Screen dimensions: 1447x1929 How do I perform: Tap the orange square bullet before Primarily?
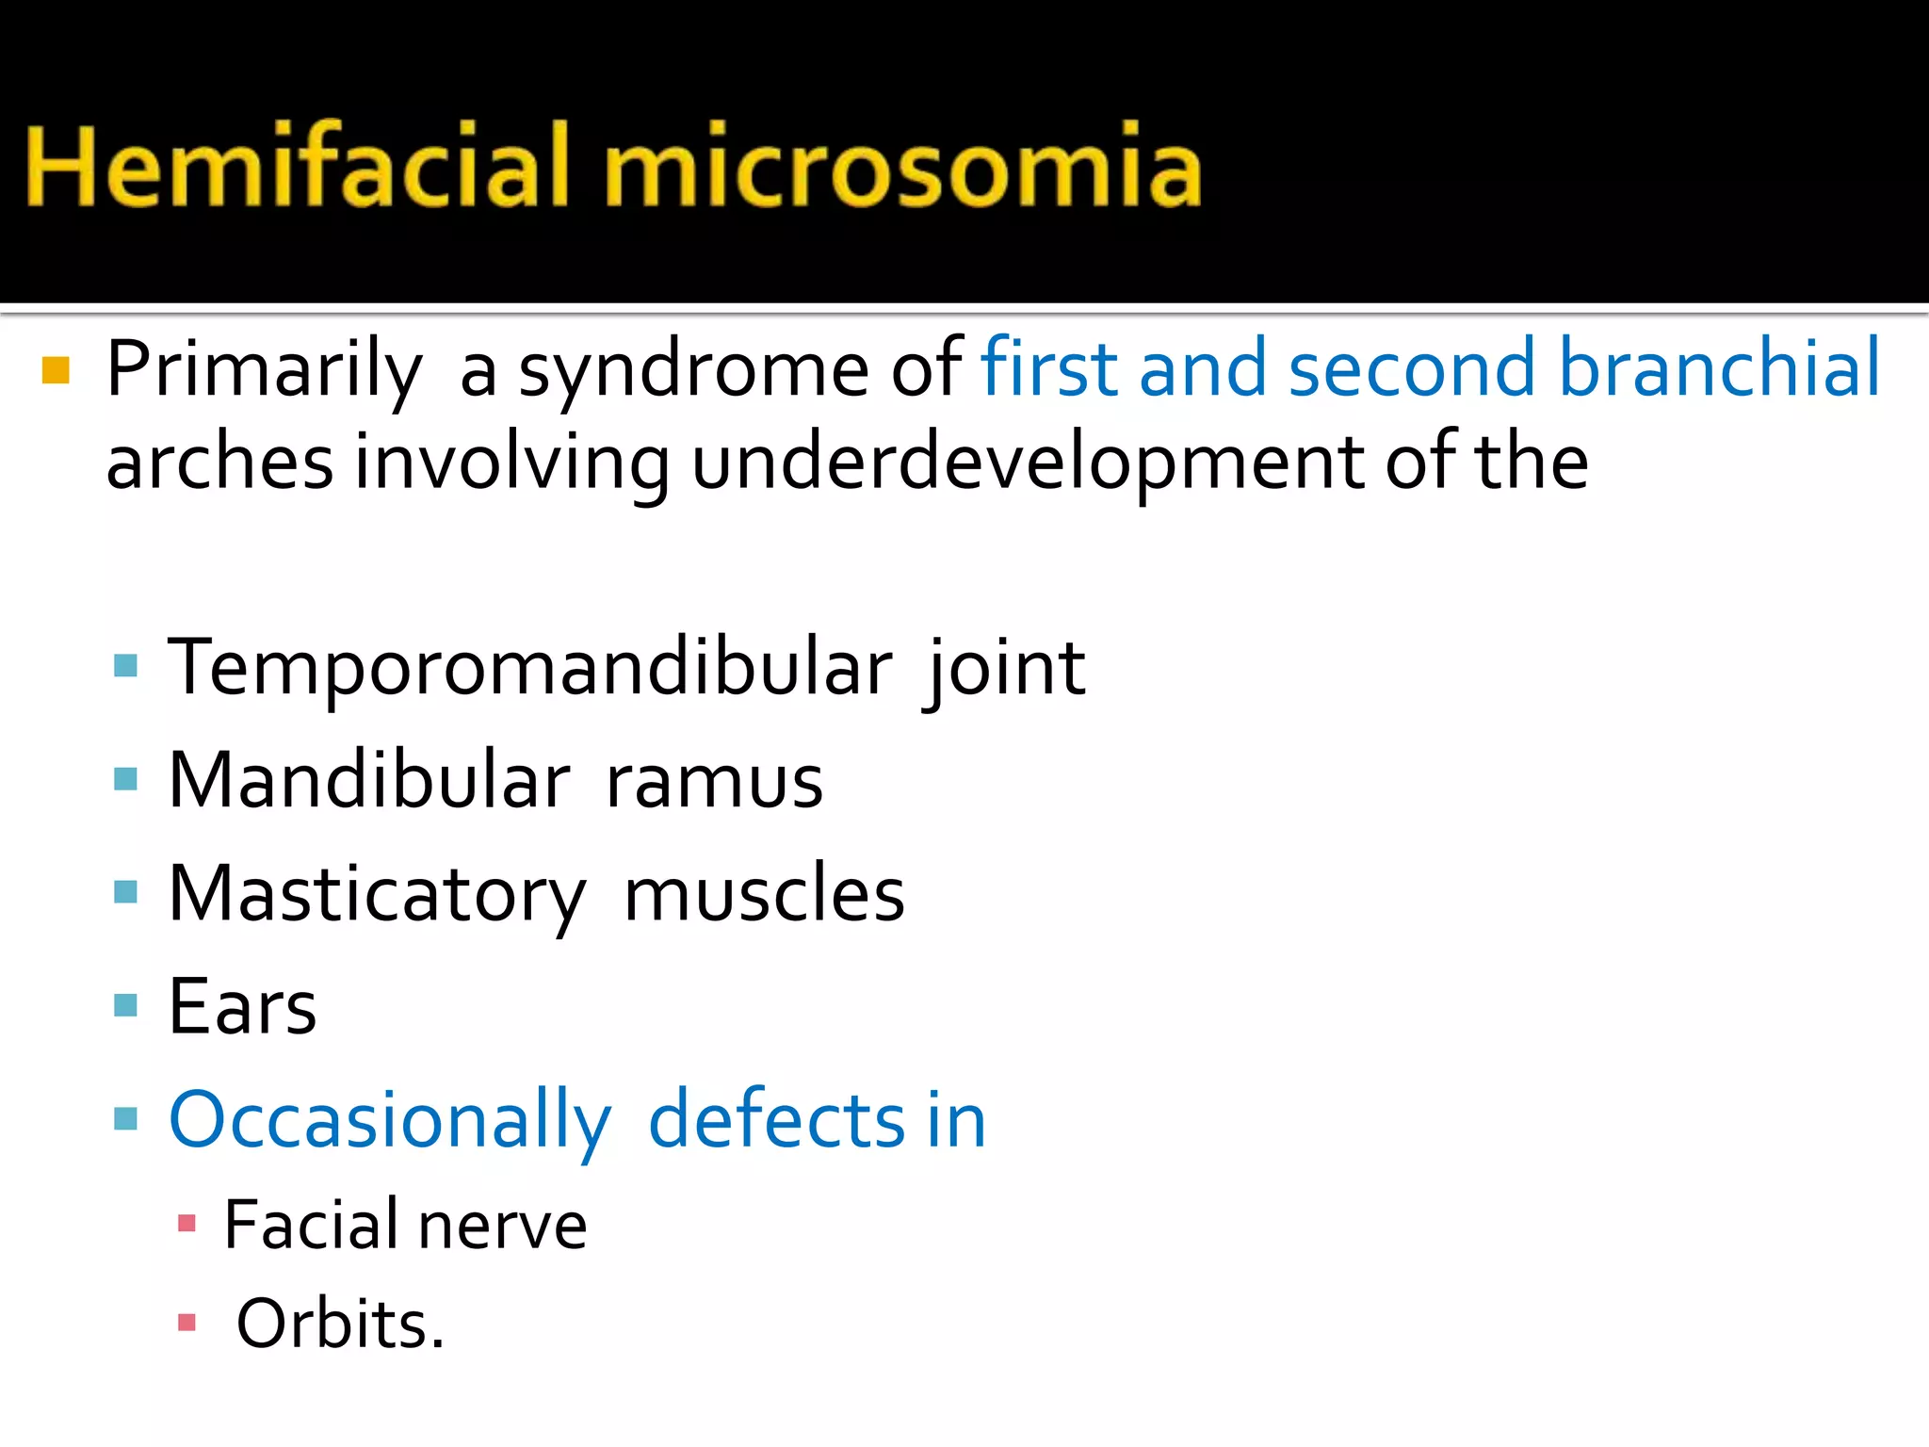pos(57,370)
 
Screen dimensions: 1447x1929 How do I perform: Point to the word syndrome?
pos(692,370)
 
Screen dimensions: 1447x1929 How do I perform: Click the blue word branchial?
pos(1718,367)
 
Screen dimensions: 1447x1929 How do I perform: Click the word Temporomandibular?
pos(530,667)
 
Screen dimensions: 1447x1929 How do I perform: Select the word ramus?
pos(714,781)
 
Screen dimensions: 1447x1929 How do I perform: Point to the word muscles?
pos(764,894)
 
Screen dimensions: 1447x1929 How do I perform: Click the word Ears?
pos(242,1007)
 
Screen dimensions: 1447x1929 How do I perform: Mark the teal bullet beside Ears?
pos(125,1006)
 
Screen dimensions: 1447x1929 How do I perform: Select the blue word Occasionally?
pos(390,1121)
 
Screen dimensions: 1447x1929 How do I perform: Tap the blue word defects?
pos(777,1120)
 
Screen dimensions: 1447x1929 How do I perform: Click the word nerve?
pos(502,1226)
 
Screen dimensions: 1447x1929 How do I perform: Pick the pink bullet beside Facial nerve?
pos(186,1224)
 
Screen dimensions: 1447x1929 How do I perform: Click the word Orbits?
pos(339,1325)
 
